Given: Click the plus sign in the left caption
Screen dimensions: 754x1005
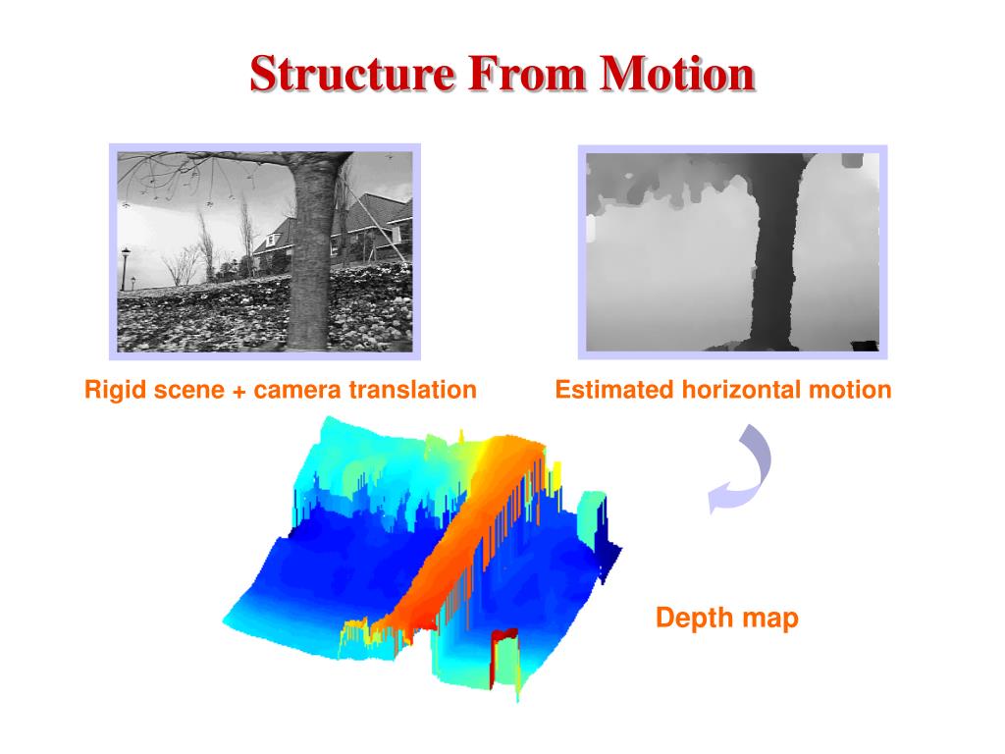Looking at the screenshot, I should [x=239, y=391].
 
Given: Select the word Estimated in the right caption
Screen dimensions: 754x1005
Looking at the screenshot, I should [x=608, y=390].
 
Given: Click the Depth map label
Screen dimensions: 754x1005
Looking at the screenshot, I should [x=726, y=619].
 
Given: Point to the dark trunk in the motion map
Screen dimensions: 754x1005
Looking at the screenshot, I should [x=775, y=255].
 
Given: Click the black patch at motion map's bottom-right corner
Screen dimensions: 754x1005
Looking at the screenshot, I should [x=864, y=344].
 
